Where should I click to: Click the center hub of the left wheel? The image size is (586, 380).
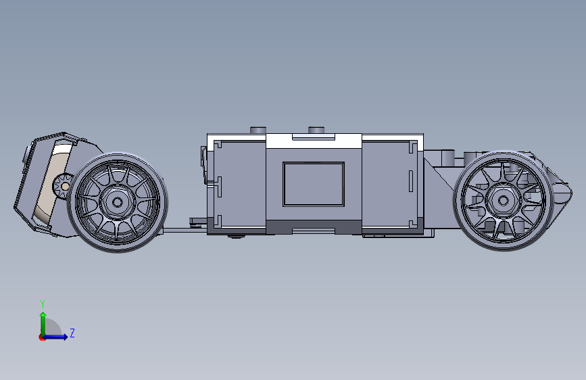point(118,202)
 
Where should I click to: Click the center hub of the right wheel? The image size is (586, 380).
point(503,201)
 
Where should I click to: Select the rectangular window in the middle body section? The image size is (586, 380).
point(314,184)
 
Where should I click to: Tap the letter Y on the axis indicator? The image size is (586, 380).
point(43,304)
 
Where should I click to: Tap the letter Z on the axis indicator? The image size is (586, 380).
point(72,333)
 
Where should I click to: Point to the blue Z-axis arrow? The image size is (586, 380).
point(55,337)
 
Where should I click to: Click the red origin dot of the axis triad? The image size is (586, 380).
point(42,337)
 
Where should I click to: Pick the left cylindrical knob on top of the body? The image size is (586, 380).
point(258,130)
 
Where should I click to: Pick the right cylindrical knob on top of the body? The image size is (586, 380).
point(316,130)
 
